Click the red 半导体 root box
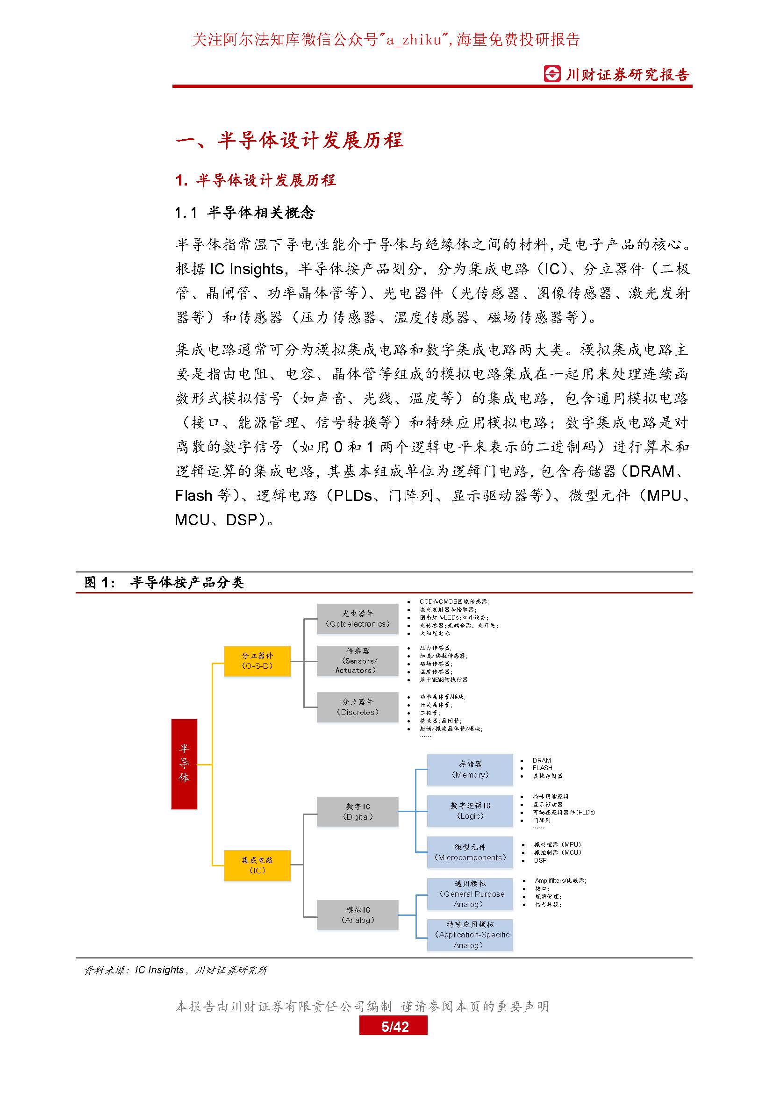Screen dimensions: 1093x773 (x=184, y=764)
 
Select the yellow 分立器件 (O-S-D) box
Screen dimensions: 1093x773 (x=257, y=661)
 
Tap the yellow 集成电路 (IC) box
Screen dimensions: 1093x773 (x=257, y=865)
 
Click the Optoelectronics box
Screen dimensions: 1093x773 (x=358, y=619)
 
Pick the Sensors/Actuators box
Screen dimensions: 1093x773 (x=358, y=661)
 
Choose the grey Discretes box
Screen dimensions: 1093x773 (x=358, y=707)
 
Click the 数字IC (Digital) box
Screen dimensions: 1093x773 (x=358, y=812)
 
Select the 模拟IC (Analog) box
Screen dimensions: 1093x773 (x=358, y=914)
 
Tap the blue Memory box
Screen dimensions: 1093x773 (x=470, y=769)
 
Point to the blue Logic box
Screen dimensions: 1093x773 (x=470, y=810)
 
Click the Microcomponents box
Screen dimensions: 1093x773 (x=470, y=852)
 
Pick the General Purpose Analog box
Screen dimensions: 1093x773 (x=470, y=893)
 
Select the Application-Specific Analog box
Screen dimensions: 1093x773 (x=470, y=935)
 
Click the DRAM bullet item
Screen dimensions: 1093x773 (x=542, y=760)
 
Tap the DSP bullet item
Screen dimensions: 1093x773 (x=540, y=860)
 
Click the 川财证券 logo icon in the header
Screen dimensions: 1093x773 (x=552, y=74)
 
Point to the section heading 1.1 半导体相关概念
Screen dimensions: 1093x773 (x=244, y=213)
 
